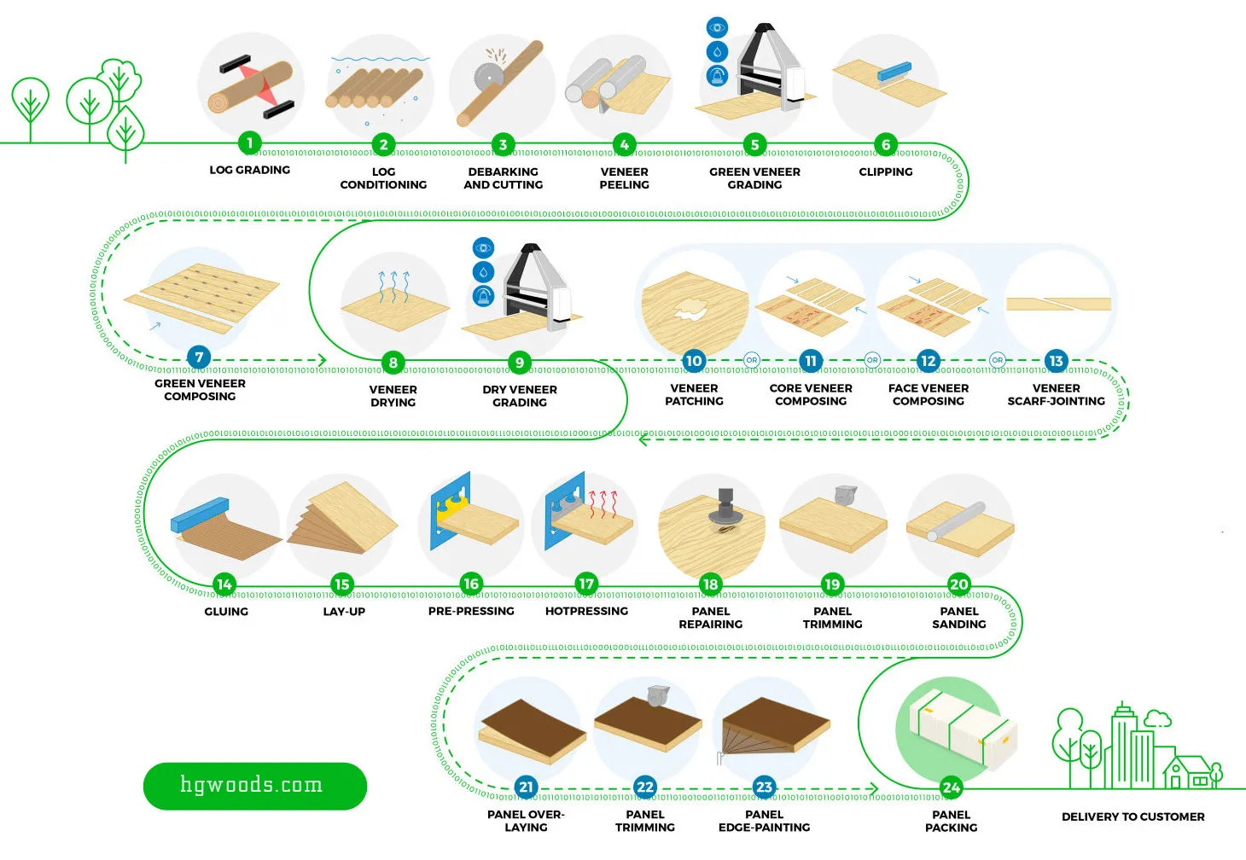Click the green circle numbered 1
click(250, 142)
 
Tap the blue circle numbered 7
click(199, 357)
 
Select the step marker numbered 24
click(952, 787)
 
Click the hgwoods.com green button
click(255, 786)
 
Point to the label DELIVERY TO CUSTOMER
click(1133, 816)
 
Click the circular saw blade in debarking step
click(488, 76)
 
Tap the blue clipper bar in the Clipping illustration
click(894, 71)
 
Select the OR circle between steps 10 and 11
click(752, 360)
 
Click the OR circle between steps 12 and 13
click(998, 360)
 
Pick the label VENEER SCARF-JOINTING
click(1056, 395)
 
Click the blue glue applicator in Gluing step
click(200, 514)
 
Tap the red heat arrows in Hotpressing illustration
click(603, 503)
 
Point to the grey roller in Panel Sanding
click(956, 521)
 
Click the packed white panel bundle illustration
click(963, 729)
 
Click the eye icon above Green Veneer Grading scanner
click(717, 27)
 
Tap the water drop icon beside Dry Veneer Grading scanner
click(483, 272)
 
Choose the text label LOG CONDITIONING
click(383, 178)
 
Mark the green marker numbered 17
click(586, 584)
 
